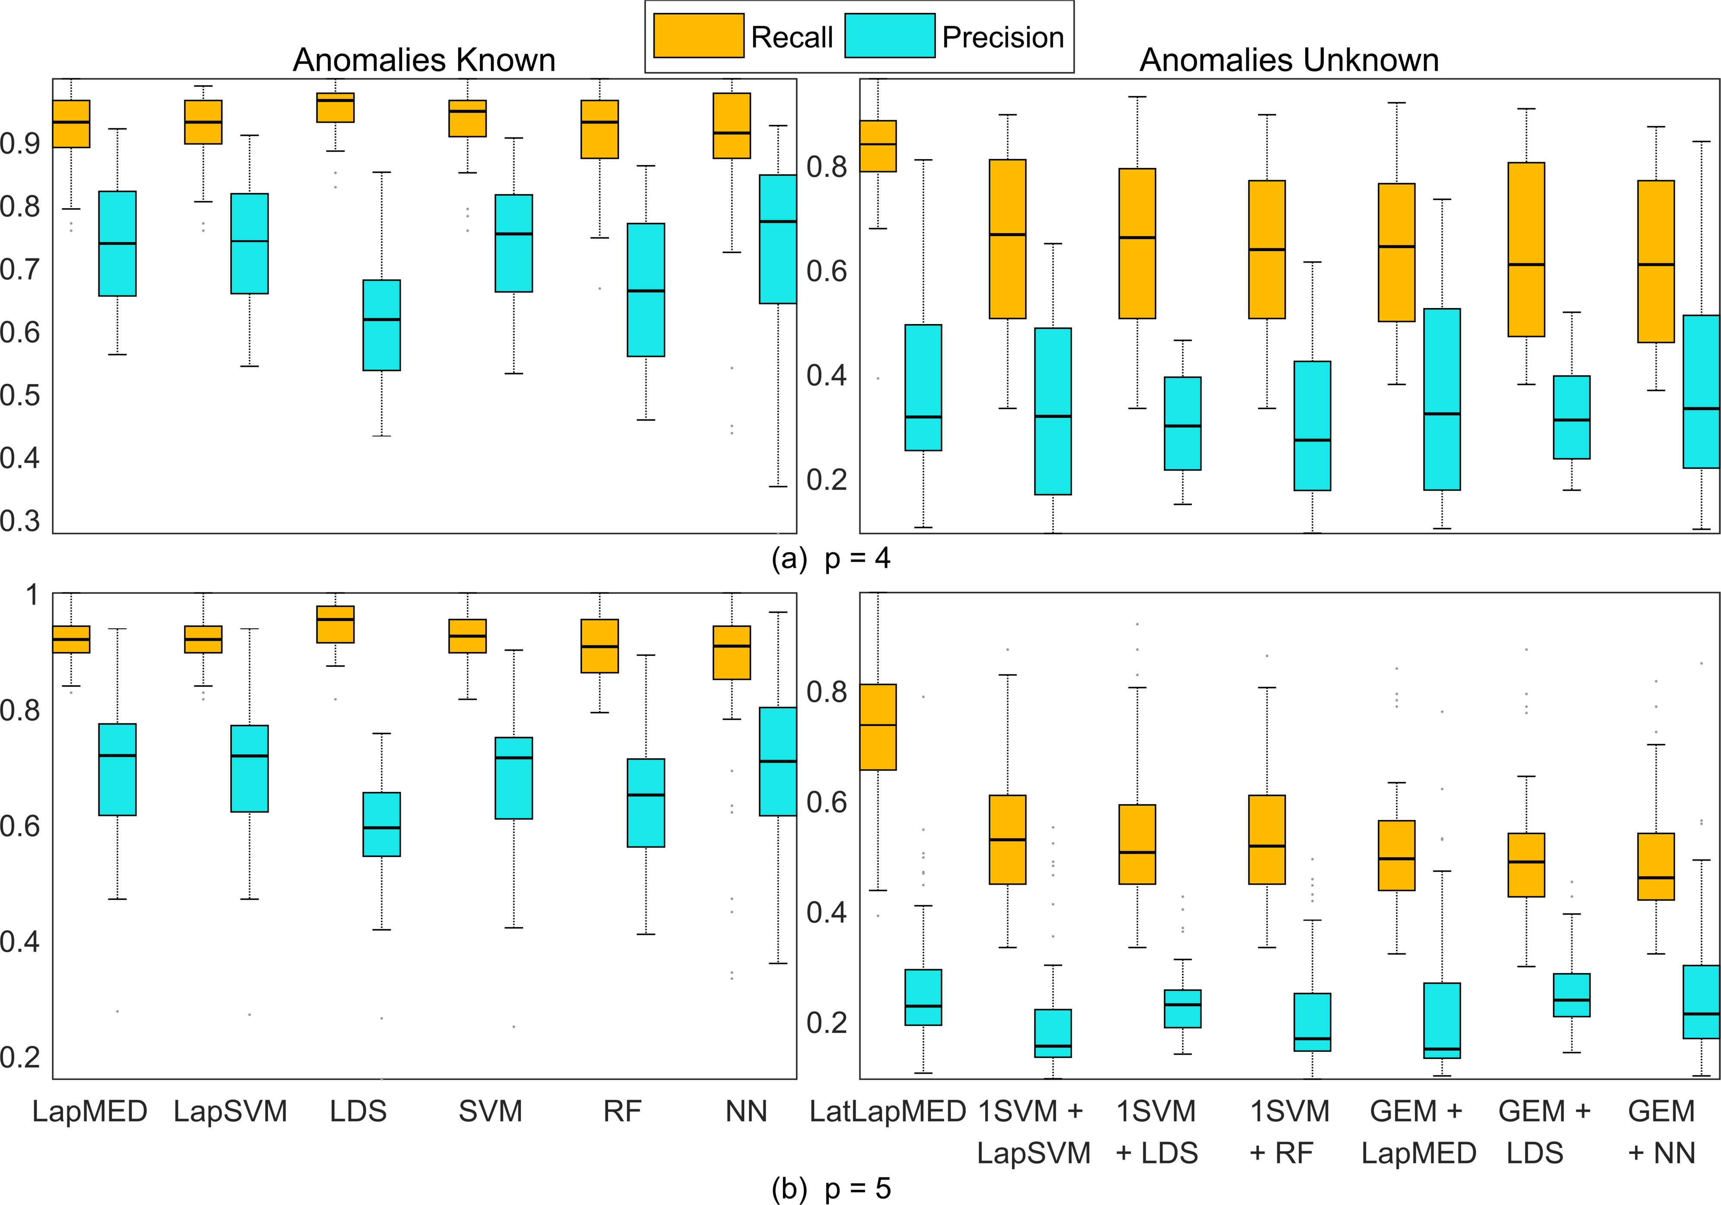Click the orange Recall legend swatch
[698, 35]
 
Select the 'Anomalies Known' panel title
[424, 60]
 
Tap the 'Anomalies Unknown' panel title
[1289, 60]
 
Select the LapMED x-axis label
[90, 1111]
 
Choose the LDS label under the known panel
[358, 1111]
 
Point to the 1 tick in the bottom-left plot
[32, 595]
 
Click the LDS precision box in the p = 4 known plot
[381, 325]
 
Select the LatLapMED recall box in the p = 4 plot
[878, 146]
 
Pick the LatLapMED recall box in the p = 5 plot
[878, 727]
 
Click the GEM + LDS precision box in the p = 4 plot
[1572, 417]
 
